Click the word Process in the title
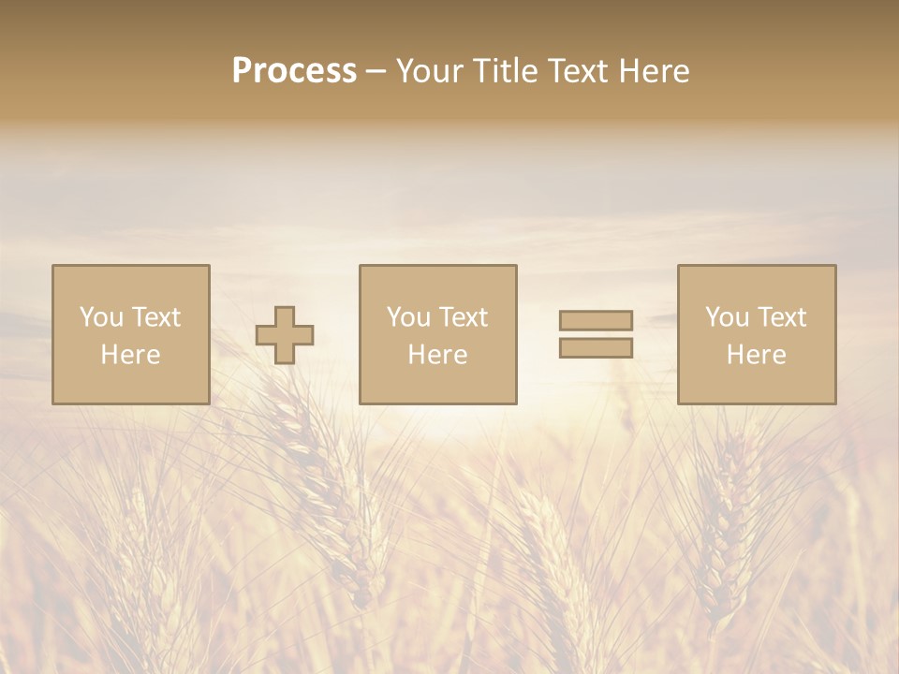tap(294, 71)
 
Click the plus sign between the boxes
tap(285, 335)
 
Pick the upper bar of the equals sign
tap(596, 320)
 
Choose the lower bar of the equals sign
tap(596, 348)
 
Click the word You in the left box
tap(102, 317)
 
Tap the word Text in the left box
tap(155, 317)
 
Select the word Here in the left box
tap(130, 355)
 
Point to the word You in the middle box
tap(409, 317)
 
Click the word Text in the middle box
tap(463, 317)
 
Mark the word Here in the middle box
tap(437, 355)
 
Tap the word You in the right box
tap(728, 317)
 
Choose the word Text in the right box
tap(781, 317)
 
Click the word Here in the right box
tap(756, 355)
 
